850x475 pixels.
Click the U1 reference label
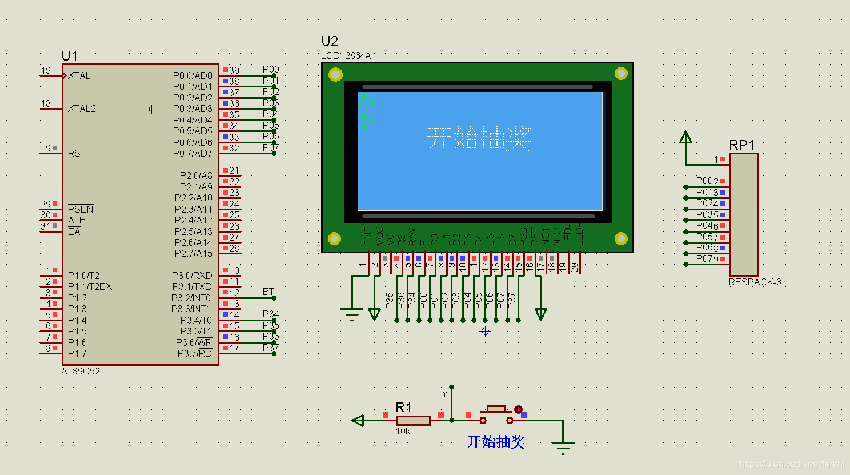pyautogui.click(x=69, y=55)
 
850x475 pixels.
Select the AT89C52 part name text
pyautogui.click(x=81, y=371)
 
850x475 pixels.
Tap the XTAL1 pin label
pyautogui.click(x=82, y=75)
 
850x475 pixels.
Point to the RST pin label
pyautogui.click(x=77, y=153)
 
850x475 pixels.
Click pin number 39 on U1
pyautogui.click(x=234, y=70)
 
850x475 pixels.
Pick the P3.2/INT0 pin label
pyautogui.click(x=191, y=298)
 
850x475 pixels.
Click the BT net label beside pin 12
pyautogui.click(x=268, y=292)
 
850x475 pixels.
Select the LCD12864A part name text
pyautogui.click(x=346, y=55)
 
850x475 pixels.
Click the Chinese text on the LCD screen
pyautogui.click(x=479, y=139)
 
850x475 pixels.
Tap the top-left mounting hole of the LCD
pyautogui.click(x=335, y=74)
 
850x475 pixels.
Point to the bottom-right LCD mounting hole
pyautogui.click(x=620, y=238)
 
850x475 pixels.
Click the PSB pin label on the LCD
pyautogui.click(x=523, y=237)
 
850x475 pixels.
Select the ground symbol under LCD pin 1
pyautogui.click(x=352, y=314)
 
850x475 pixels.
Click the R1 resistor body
pyautogui.click(x=413, y=421)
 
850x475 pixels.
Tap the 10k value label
pyautogui.click(x=403, y=432)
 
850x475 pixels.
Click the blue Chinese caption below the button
pyautogui.click(x=495, y=441)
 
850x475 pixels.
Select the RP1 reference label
pyautogui.click(x=741, y=145)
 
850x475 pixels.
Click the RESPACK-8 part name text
pyautogui.click(x=755, y=282)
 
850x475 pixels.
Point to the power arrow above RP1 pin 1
pyautogui.click(x=685, y=138)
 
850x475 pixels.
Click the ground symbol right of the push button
pyautogui.click(x=563, y=445)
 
